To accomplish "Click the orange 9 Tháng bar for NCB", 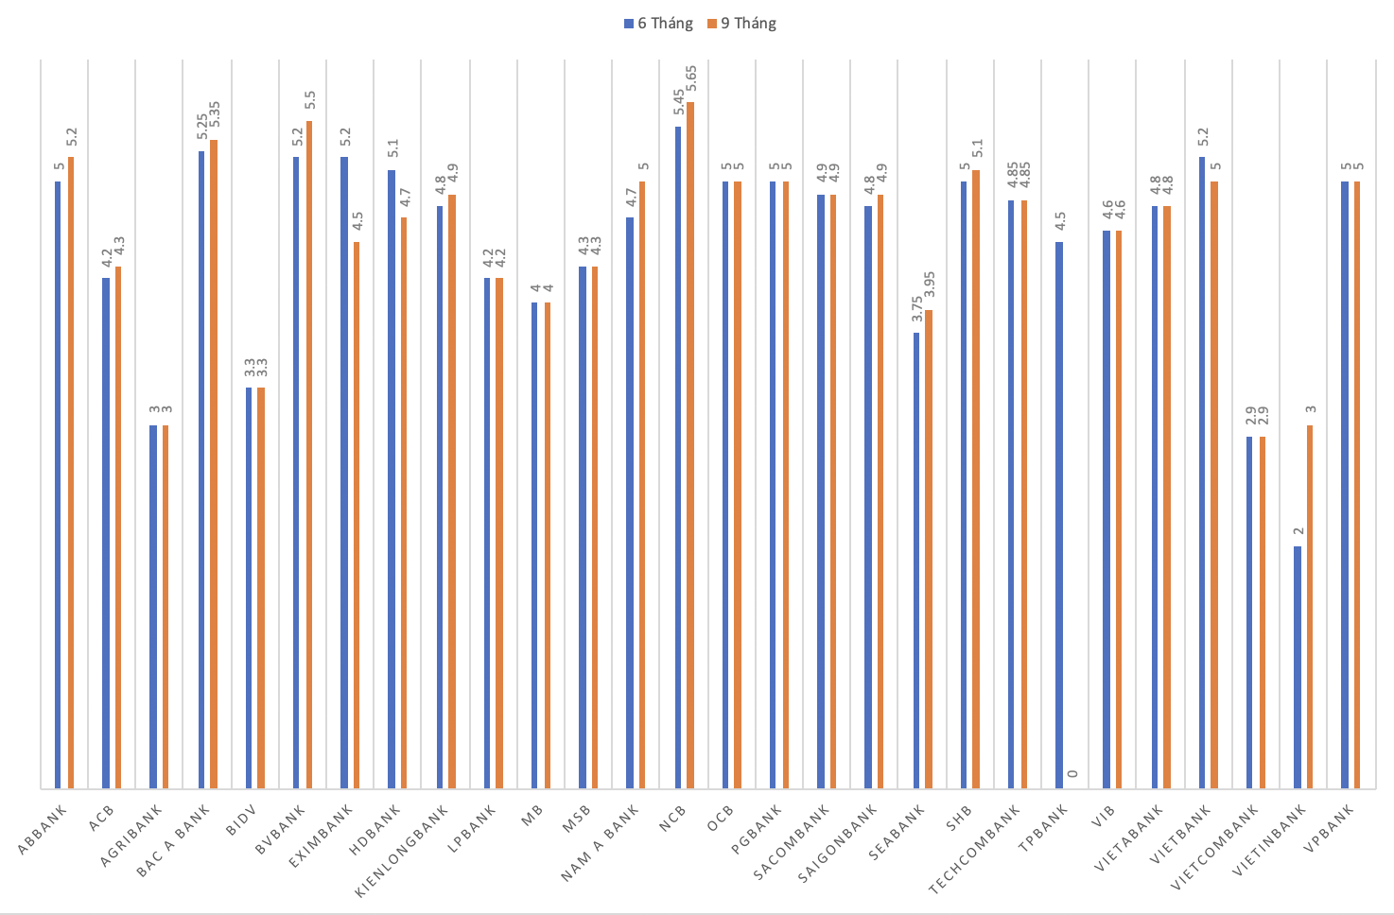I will coord(690,444).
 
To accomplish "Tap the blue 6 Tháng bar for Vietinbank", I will coord(1298,666).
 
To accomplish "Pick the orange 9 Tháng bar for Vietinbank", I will coord(1310,606).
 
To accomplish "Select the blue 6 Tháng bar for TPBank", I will coord(1059,515).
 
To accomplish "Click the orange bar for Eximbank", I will coord(357,515).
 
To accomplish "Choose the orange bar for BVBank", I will coord(308,454).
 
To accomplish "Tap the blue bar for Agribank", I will coord(153,606).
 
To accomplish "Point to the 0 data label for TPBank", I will coord(1072,774).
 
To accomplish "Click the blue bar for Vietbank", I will coord(1203,473).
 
